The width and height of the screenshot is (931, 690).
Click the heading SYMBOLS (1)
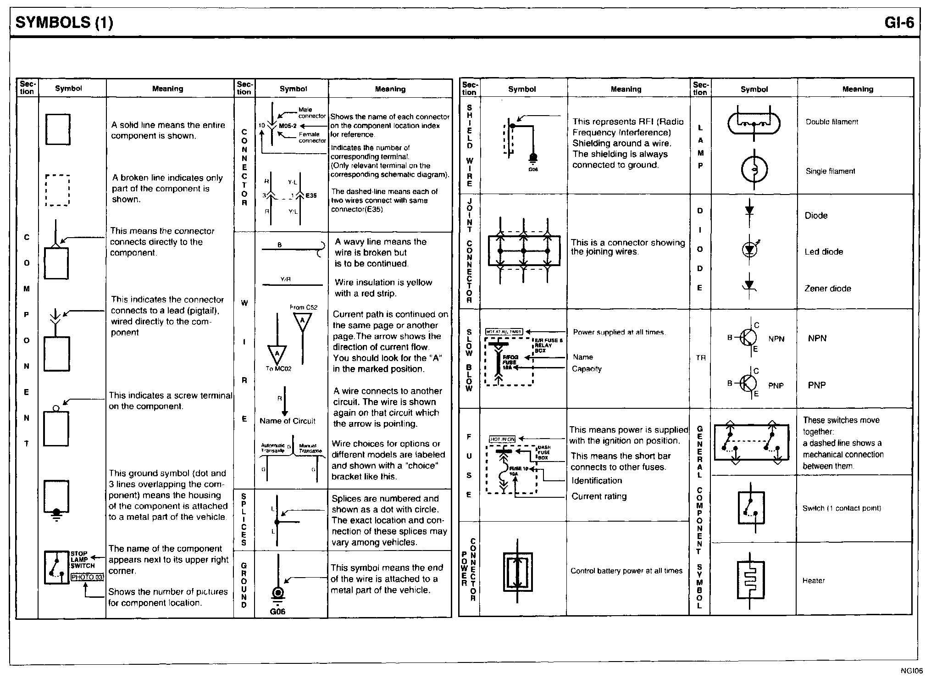point(64,22)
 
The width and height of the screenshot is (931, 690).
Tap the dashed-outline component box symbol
point(57,190)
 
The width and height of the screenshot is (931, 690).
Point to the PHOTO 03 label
point(87,577)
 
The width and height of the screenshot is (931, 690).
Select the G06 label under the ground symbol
point(277,612)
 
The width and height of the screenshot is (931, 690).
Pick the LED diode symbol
point(750,249)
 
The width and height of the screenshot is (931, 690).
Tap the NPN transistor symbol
point(748,338)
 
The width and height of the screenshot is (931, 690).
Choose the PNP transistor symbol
point(748,382)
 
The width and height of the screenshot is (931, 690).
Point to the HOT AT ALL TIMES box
point(504,331)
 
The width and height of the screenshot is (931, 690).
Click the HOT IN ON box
point(503,439)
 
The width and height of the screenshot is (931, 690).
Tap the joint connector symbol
point(524,250)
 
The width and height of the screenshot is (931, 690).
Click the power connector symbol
point(517,571)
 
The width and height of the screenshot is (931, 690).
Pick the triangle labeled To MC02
point(277,355)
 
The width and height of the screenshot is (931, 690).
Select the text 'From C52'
point(304,307)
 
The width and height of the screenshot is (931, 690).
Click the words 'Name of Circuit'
point(288,421)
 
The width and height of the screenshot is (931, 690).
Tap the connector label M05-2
point(288,125)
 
